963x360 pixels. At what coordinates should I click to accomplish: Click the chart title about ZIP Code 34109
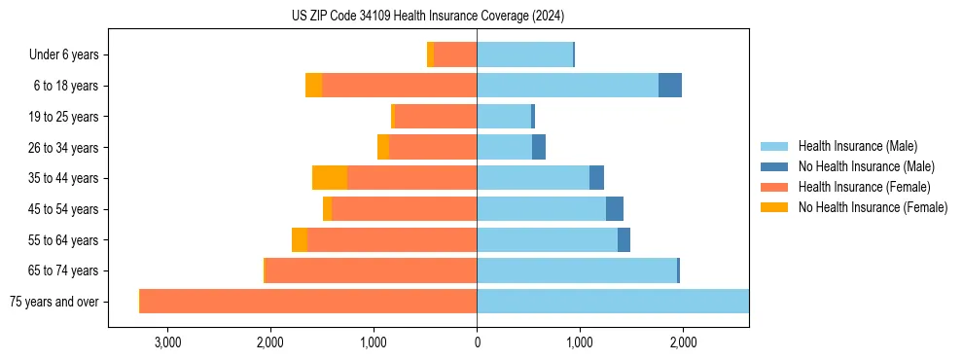tap(428, 17)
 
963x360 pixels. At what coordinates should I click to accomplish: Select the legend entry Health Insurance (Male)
tap(856, 146)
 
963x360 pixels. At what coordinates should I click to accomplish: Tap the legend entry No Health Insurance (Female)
tap(873, 207)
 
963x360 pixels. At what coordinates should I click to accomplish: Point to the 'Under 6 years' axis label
tap(64, 55)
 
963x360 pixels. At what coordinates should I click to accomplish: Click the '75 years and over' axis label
tap(53, 302)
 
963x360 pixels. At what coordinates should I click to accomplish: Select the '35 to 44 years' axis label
tap(63, 178)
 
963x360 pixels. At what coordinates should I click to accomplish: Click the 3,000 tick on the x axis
tap(167, 342)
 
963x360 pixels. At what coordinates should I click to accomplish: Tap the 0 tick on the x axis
tap(477, 342)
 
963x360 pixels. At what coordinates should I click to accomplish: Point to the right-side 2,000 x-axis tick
tap(683, 342)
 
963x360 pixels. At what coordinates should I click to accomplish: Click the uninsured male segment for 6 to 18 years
tap(670, 86)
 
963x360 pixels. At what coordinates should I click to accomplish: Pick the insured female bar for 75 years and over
tap(308, 302)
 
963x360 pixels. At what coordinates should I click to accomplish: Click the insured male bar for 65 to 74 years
tap(577, 270)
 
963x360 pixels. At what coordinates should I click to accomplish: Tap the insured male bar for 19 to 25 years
tap(504, 117)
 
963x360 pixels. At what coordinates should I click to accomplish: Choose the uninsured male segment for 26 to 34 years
tap(539, 147)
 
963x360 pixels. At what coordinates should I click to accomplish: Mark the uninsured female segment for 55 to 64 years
tap(300, 240)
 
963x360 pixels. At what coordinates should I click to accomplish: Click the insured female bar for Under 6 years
tap(455, 55)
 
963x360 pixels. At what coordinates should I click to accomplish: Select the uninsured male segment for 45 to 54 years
tap(615, 209)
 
